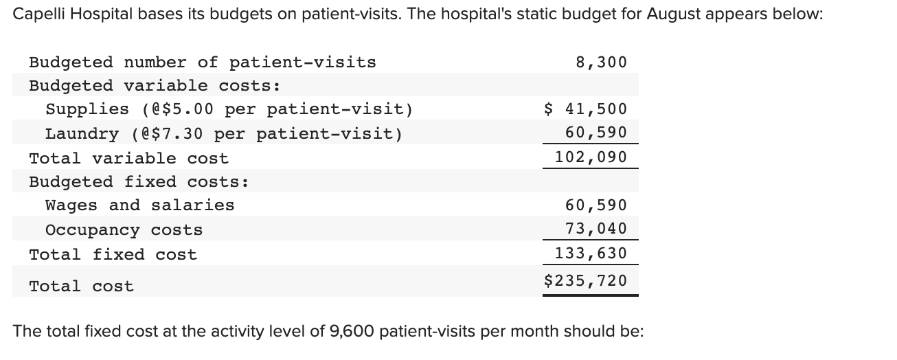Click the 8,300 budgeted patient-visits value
pyautogui.click(x=601, y=63)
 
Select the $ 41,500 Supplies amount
pyautogui.click(x=585, y=109)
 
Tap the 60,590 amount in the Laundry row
pyautogui.click(x=595, y=133)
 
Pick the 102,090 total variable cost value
pyautogui.click(x=591, y=157)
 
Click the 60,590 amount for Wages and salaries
pyautogui.click(x=595, y=205)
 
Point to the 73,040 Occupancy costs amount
pyautogui.click(x=595, y=229)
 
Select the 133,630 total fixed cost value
pyautogui.click(x=591, y=254)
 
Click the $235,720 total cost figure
pyautogui.click(x=585, y=280)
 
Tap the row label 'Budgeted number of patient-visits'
pyautogui.click(x=203, y=63)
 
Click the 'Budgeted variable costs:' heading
pyautogui.click(x=155, y=86)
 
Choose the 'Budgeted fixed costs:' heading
pyautogui.click(x=139, y=182)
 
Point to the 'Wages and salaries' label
pyautogui.click(x=139, y=205)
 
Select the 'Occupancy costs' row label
pyautogui.click(x=124, y=230)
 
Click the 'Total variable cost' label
pyautogui.click(x=128, y=159)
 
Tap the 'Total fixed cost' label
pyautogui.click(x=113, y=255)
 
